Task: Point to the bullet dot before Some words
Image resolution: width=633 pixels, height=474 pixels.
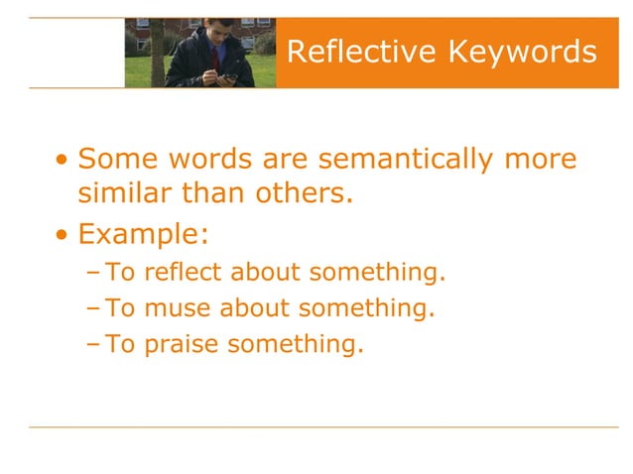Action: coord(63,160)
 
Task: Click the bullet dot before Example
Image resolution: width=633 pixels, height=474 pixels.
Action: coord(63,235)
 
